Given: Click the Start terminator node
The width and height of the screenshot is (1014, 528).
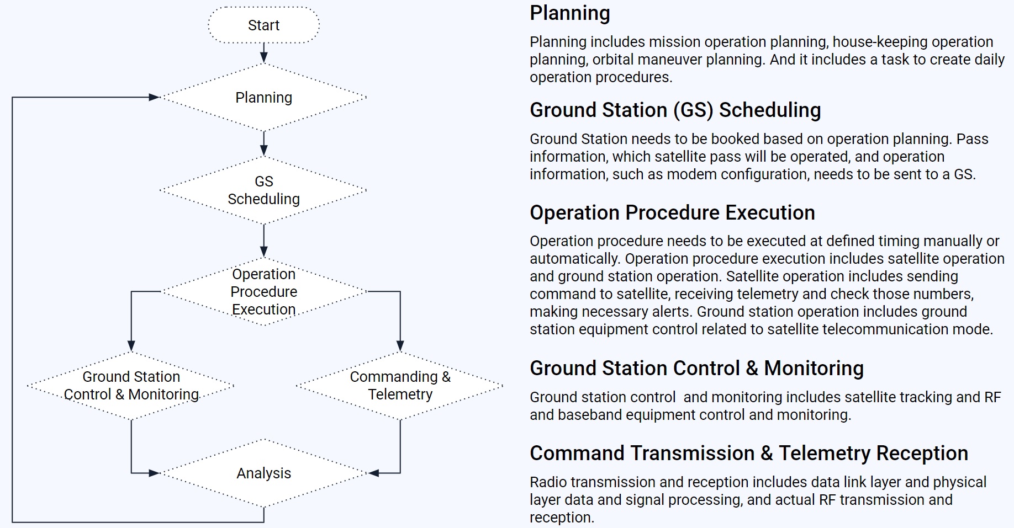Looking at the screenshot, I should pyautogui.click(x=263, y=25).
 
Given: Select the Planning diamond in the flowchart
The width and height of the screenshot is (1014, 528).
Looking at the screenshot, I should pyautogui.click(x=263, y=98).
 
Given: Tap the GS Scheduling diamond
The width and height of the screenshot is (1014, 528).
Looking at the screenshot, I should pyautogui.click(x=263, y=190).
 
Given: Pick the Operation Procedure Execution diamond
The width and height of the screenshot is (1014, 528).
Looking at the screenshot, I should pyautogui.click(x=263, y=291).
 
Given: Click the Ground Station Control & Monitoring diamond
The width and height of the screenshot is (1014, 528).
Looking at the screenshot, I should pyautogui.click(x=131, y=386).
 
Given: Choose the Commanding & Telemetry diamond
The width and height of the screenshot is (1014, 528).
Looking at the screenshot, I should pyautogui.click(x=400, y=386).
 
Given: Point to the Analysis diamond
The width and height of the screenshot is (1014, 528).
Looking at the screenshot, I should pyautogui.click(x=263, y=473).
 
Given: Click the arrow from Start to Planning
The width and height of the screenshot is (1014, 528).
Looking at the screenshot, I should pyautogui.click(x=263, y=53).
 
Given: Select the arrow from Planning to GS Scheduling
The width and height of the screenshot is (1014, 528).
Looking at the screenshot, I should pyautogui.click(x=263, y=143).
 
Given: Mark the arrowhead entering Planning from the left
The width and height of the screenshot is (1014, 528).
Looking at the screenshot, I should pyautogui.click(x=154, y=98).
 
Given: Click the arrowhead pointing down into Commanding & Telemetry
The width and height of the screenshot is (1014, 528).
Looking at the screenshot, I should pyautogui.click(x=400, y=346).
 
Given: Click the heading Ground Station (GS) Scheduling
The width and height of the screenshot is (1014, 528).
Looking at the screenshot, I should pyautogui.click(x=675, y=110).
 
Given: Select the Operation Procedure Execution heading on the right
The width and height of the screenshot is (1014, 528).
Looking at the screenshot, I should pyautogui.click(x=672, y=213).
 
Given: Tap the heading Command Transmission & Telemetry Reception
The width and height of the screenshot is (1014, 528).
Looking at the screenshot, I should pyautogui.click(x=748, y=454).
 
